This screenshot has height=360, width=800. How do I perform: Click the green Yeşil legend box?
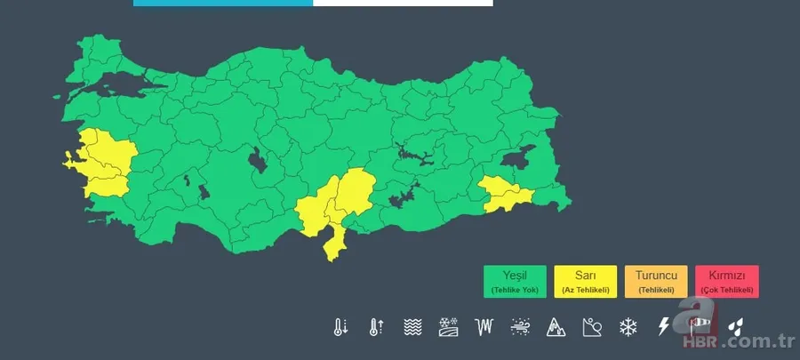coord(516,281)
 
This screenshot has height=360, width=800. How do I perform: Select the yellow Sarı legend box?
coord(585,281)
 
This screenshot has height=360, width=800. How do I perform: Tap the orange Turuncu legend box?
coord(656,281)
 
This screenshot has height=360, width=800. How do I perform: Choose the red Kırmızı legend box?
coord(727,281)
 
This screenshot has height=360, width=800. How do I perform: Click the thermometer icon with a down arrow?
coord(340,327)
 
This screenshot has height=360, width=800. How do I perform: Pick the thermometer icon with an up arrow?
coord(376,327)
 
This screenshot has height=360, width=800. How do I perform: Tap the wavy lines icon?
coord(412,327)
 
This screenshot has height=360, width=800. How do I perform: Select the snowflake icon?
coord(628,327)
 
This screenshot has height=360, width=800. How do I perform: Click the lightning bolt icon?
coord(664,327)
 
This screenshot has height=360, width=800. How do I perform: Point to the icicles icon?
coord(484,327)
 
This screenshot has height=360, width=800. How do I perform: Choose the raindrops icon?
coord(737,327)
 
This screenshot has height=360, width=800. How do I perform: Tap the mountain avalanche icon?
coord(556,327)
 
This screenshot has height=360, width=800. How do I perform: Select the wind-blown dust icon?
coord(521,327)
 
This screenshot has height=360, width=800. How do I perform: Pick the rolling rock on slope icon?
coord(592,327)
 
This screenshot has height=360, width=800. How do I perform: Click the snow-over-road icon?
coord(448,327)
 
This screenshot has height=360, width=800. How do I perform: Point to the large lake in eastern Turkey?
coord(518,159)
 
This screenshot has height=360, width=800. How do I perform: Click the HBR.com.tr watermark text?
coord(738,342)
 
